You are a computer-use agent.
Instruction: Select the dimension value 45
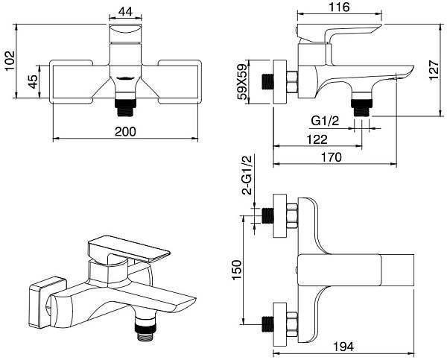[33, 82]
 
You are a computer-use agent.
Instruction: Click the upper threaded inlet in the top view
[268, 215]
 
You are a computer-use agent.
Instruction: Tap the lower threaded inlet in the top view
[268, 321]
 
